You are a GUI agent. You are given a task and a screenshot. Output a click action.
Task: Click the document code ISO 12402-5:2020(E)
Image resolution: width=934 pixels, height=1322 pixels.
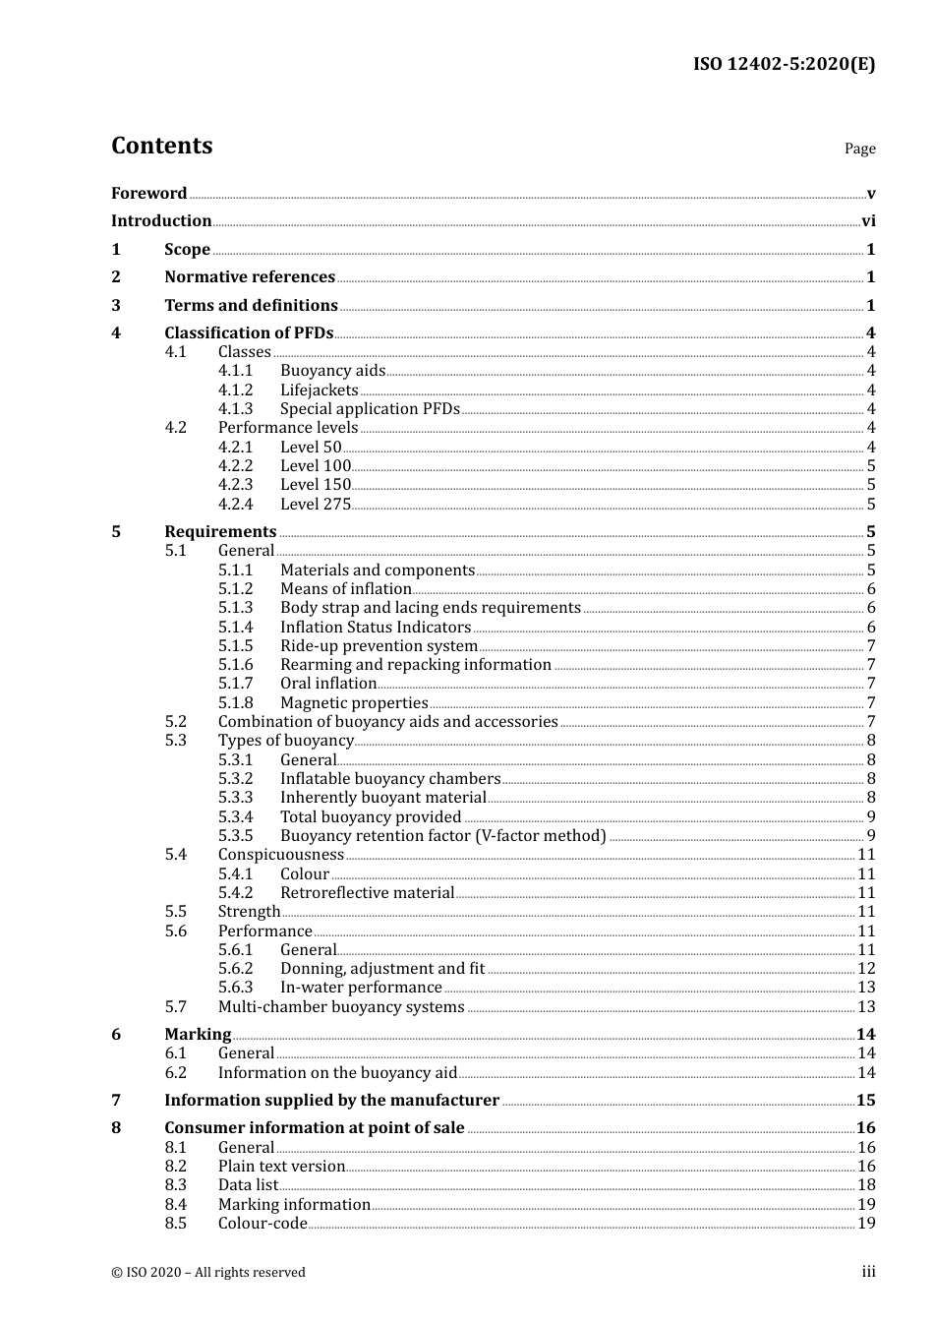coord(784,64)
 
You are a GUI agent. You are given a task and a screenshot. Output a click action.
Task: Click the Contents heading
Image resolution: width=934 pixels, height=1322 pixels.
coord(161,146)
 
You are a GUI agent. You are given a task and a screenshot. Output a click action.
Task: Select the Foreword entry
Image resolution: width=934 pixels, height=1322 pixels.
coord(148,194)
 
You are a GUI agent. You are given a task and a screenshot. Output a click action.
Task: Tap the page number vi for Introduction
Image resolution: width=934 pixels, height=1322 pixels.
coord(868,221)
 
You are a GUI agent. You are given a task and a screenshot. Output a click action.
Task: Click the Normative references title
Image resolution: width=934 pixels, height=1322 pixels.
coord(250,277)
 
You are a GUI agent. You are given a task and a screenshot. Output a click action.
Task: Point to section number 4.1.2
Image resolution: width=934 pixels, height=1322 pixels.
coord(235,391)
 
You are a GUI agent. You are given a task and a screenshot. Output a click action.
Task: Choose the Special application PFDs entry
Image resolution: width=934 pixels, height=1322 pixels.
coord(370,409)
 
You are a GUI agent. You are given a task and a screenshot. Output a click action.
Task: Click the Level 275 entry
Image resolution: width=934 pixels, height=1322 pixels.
coord(315,505)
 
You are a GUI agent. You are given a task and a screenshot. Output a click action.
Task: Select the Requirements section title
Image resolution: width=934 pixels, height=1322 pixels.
coord(220,532)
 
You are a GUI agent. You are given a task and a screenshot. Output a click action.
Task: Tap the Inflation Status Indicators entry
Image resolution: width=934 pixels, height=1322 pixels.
coord(376,628)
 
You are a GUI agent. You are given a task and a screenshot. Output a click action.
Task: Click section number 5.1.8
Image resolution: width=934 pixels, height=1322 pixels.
coord(235,703)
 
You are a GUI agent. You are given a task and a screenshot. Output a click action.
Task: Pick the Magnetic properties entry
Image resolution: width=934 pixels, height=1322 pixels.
coord(354,703)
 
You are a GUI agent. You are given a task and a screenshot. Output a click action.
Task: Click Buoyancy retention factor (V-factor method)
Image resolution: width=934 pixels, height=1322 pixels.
coord(442,836)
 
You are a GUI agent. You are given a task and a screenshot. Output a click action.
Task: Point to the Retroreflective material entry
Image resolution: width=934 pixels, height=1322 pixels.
coord(367,893)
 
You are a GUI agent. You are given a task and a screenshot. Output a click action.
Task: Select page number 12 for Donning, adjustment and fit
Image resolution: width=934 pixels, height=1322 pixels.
coord(866,969)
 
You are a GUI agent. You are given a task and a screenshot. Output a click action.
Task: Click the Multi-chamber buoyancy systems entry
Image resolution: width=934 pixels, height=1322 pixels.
coord(341,1007)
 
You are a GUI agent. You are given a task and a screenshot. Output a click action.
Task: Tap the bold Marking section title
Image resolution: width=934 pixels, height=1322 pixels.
coord(198,1035)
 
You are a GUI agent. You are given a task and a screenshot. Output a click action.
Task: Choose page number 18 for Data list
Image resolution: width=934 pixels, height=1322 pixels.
coord(866,1185)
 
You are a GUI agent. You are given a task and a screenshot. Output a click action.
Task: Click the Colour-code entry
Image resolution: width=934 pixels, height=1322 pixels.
coord(263,1224)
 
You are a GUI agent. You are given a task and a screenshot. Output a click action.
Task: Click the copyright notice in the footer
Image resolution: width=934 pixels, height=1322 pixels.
coord(208,1273)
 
